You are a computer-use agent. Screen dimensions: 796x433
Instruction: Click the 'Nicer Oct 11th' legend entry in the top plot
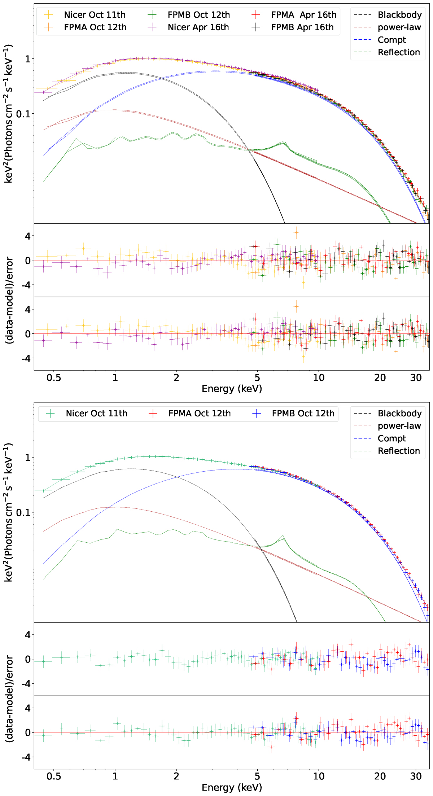pos(95,15)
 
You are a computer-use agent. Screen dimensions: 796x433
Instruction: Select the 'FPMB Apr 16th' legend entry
pos(302,27)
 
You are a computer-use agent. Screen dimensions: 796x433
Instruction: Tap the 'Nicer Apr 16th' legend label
pos(198,27)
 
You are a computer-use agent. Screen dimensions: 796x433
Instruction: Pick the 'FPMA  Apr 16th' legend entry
pos(303,15)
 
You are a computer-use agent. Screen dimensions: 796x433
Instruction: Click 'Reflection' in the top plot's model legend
pos(399,52)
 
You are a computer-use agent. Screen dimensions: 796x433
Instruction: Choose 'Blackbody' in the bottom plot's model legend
pos(399,413)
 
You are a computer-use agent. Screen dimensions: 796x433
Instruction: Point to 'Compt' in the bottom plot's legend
pos(392,438)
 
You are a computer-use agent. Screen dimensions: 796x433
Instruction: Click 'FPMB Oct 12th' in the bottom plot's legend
pos(303,413)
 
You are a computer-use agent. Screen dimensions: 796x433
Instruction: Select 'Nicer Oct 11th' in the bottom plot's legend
pos(96,413)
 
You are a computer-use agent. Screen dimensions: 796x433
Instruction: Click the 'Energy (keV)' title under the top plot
pos(232,389)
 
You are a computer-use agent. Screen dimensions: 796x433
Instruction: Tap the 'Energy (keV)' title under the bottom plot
pos(232,787)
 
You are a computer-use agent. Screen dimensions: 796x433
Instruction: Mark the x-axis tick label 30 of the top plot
pos(416,378)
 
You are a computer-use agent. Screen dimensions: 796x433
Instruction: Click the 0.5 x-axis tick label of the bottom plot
pos(54,776)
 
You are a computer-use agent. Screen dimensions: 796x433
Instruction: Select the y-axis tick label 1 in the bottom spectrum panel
pos(28,458)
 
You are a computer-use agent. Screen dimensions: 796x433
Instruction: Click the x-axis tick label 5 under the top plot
pos(257,378)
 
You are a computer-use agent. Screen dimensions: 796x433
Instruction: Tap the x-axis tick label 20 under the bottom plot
pos(380,776)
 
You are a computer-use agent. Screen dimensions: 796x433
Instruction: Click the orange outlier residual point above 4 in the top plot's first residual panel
pos(296,233)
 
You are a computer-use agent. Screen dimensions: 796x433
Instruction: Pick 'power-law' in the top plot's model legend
pos(399,27)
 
